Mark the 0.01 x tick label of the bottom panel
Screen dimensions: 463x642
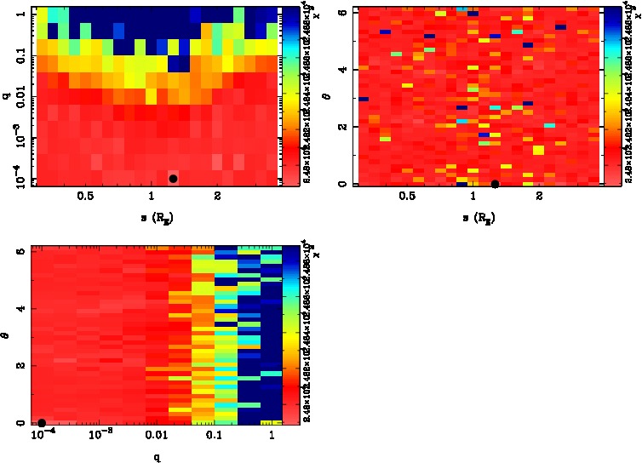click(x=156, y=436)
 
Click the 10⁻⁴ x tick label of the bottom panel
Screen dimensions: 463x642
click(x=41, y=435)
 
